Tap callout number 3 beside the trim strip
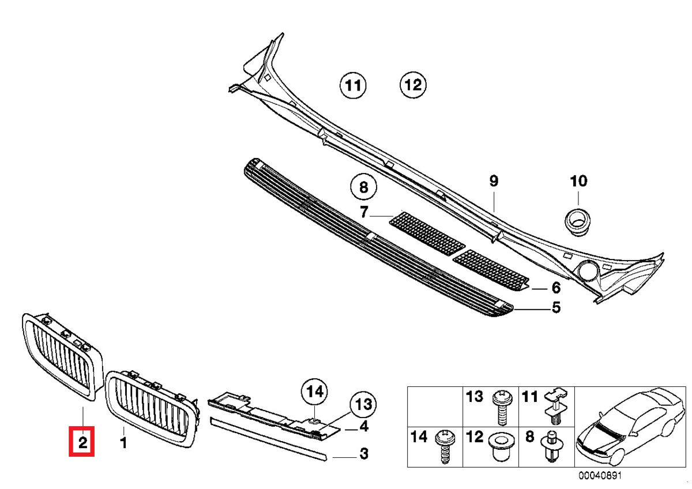[x=363, y=454]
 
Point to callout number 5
[x=556, y=307]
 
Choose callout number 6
[x=556, y=287]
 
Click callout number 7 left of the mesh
[x=364, y=213]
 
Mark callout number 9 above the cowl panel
[x=493, y=181]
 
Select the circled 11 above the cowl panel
[x=352, y=86]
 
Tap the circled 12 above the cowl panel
[x=413, y=85]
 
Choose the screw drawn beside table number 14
[x=445, y=445]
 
